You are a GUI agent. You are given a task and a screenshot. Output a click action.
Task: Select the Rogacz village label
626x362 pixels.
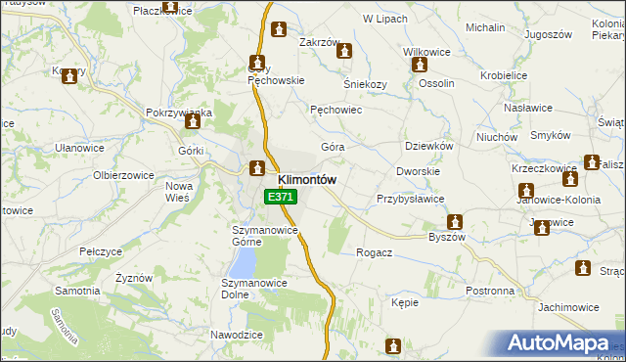pyautogui.click(x=375, y=252)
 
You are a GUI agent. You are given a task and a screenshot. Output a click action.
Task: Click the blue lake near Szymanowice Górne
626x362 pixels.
pyautogui.click(x=243, y=260)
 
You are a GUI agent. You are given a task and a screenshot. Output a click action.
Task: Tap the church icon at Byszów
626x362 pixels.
pyautogui.click(x=455, y=222)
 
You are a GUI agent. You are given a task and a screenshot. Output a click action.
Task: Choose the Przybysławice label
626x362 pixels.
pyautogui.click(x=411, y=199)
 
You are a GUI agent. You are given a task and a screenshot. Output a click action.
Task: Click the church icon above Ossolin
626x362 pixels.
pyautogui.click(x=421, y=66)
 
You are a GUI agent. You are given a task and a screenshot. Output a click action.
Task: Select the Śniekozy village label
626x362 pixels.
pyautogui.click(x=363, y=84)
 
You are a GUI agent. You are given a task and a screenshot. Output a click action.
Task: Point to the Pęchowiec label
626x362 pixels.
pyautogui.click(x=336, y=111)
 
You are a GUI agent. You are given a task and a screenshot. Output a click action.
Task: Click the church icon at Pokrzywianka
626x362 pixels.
pyautogui.click(x=193, y=123)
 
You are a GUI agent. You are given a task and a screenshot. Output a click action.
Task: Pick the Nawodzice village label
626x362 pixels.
pyautogui.click(x=237, y=335)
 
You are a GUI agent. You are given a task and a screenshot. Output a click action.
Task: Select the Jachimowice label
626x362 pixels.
pyautogui.click(x=567, y=307)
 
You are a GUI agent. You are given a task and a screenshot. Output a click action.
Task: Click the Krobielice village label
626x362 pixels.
pyautogui.click(x=504, y=74)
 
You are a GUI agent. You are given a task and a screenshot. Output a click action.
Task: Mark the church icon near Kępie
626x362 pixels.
pyautogui.click(x=393, y=346)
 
